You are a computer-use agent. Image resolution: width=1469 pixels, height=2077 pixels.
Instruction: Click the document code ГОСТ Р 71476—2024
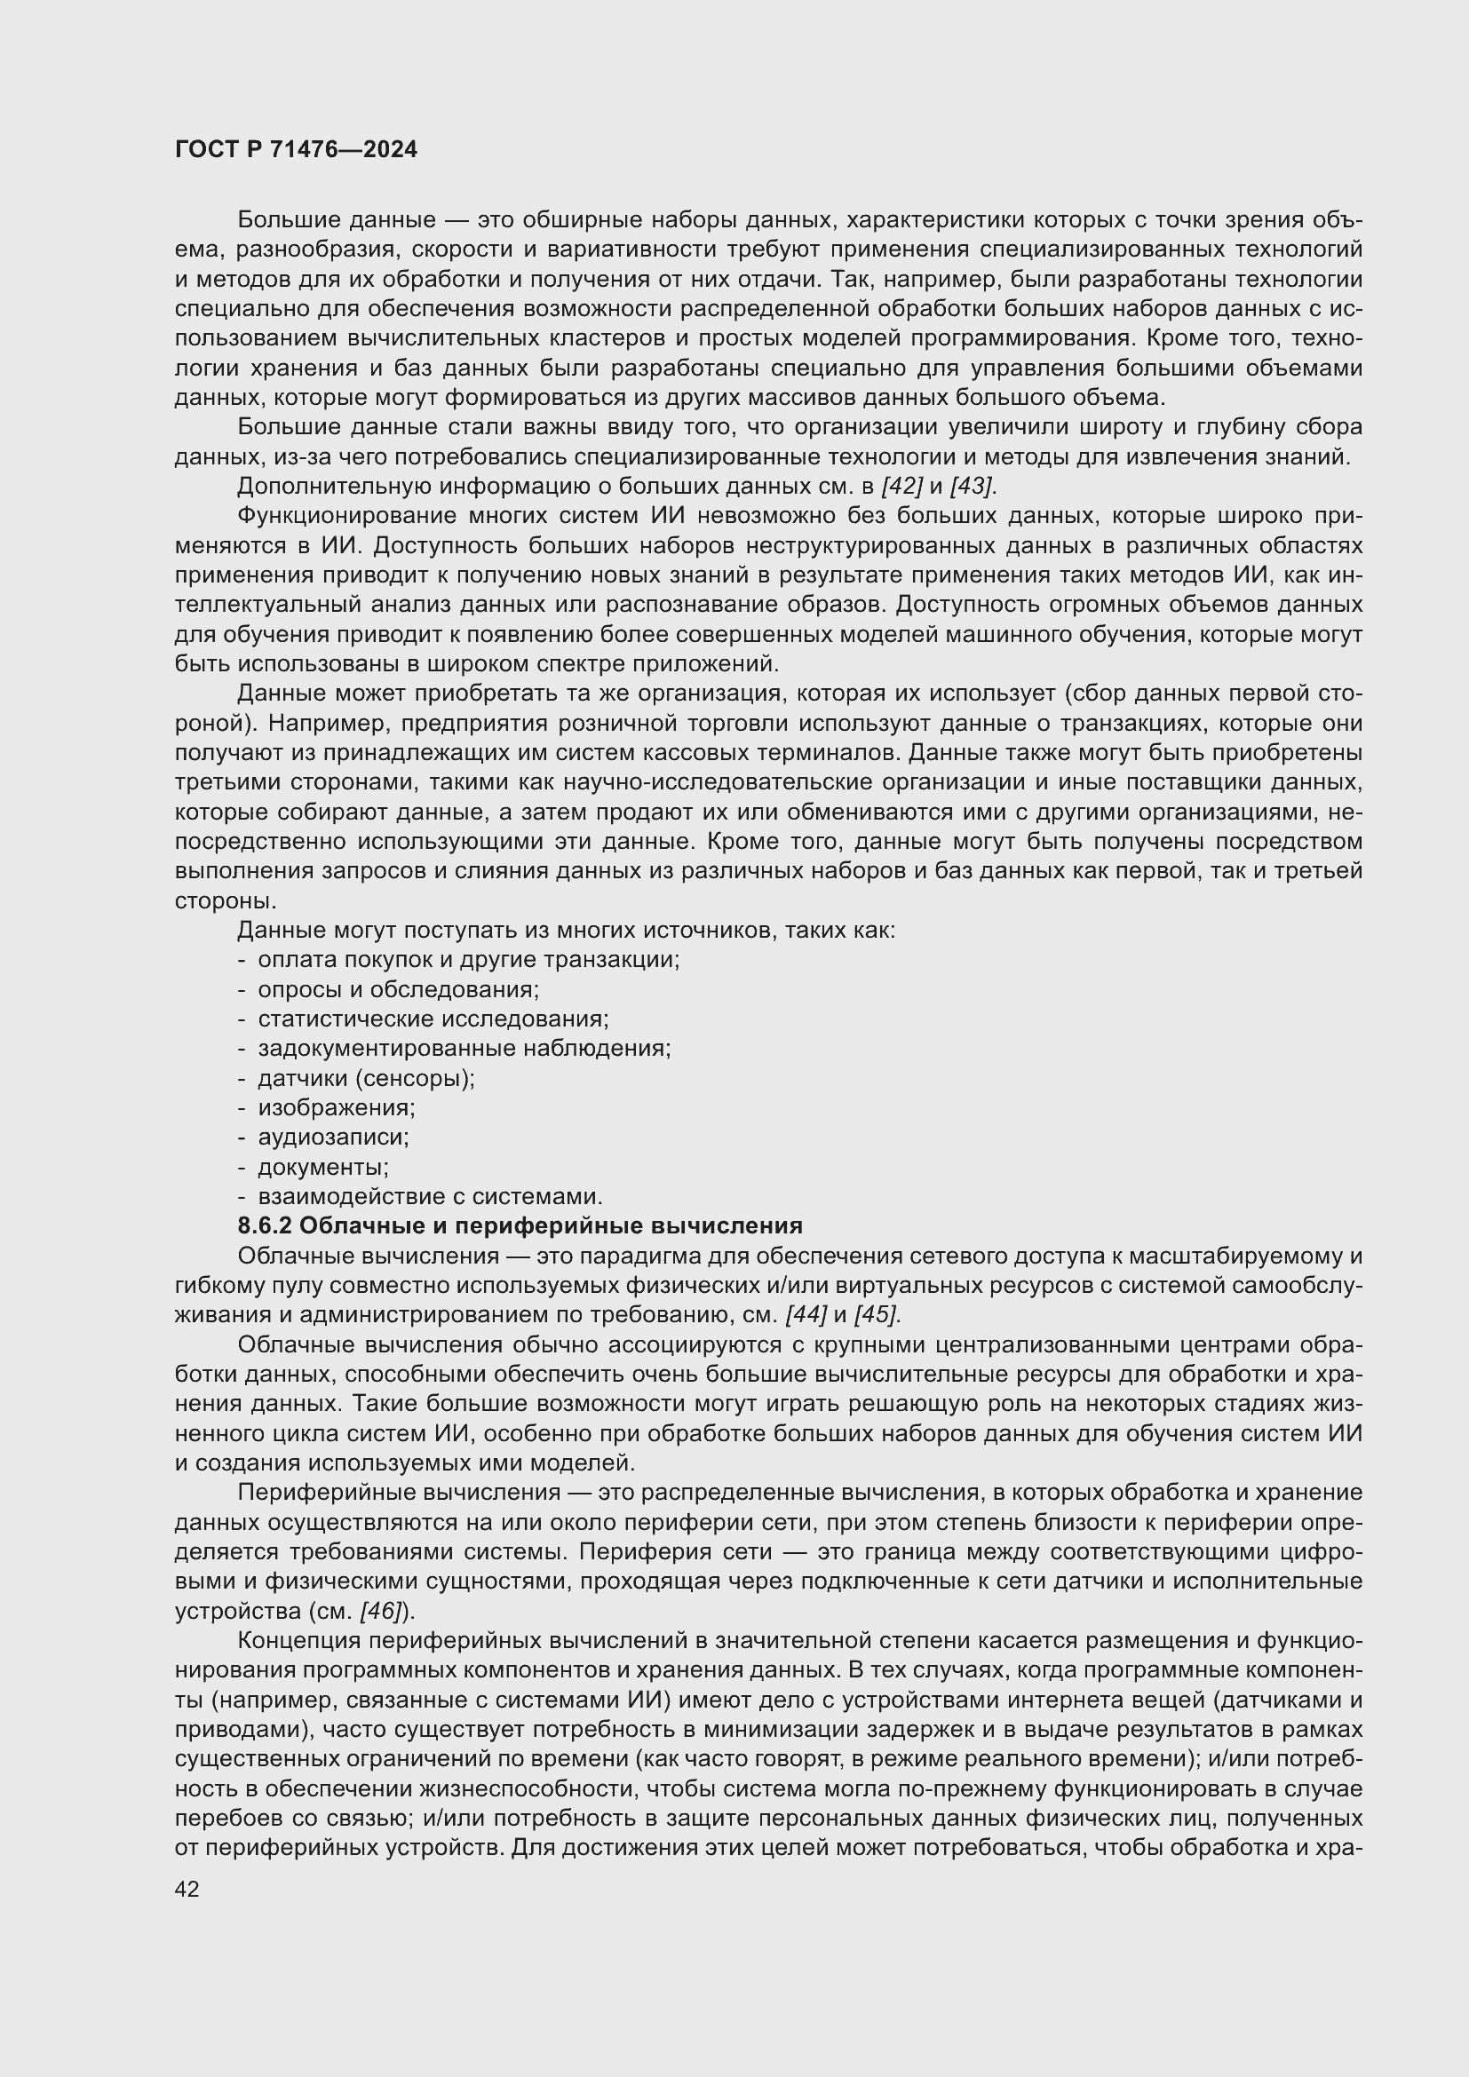coord(296,149)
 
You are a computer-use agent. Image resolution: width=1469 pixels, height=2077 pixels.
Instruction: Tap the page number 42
coord(187,1889)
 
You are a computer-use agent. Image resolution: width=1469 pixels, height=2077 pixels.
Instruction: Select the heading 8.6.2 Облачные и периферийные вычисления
coord(520,1225)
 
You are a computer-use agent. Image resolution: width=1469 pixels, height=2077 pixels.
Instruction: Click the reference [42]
coord(901,486)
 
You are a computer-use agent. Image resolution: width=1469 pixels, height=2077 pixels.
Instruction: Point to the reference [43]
coord(973,486)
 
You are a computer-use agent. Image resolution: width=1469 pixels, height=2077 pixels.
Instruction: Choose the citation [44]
coord(806,1314)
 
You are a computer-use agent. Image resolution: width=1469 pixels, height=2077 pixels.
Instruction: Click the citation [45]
coord(877,1314)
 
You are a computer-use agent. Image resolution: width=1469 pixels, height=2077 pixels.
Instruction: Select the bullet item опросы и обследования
coord(398,989)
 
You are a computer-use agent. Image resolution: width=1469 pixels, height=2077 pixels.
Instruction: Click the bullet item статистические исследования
coord(433,1019)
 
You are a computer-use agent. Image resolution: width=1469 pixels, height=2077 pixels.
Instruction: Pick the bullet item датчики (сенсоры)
coord(366,1078)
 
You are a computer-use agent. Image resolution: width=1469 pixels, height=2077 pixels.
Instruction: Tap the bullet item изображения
coord(337,1107)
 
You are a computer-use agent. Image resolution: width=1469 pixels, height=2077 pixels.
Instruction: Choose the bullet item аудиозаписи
coord(334,1138)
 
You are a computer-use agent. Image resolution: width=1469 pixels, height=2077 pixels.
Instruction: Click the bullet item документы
coord(323,1167)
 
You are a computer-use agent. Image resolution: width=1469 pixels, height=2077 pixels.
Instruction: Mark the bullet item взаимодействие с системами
coord(431,1197)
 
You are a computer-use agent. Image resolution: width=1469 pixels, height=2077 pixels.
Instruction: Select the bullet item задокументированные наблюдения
coord(464,1049)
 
